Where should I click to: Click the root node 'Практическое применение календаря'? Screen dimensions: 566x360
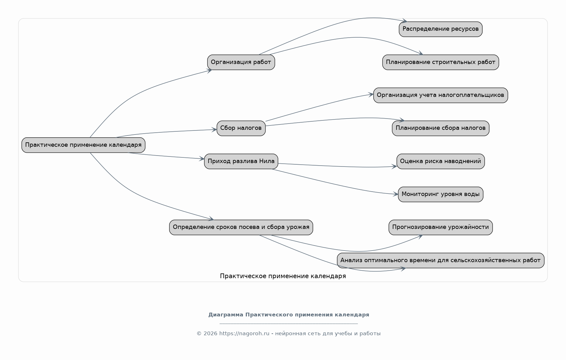(x=83, y=145)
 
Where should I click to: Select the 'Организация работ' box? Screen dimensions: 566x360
(x=241, y=62)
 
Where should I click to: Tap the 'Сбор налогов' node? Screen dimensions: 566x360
(x=241, y=128)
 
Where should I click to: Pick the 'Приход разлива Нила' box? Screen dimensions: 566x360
(x=241, y=161)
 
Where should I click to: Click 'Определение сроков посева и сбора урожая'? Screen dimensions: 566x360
(x=241, y=227)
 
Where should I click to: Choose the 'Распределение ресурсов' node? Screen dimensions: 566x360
(x=441, y=29)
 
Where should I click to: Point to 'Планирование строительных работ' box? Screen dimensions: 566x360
(x=441, y=62)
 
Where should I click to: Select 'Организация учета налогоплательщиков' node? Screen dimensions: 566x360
(x=441, y=95)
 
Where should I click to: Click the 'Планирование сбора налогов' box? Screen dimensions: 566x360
(x=441, y=128)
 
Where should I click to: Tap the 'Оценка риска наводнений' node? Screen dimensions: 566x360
(x=441, y=161)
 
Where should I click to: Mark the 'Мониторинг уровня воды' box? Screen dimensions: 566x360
(x=441, y=194)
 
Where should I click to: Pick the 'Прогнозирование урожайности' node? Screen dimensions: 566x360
(x=441, y=227)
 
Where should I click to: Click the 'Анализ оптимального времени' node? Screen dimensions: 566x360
(x=441, y=261)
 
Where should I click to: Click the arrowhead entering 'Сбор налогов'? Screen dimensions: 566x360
(x=215, y=130)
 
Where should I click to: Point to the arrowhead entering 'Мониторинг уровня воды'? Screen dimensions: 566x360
(x=396, y=194)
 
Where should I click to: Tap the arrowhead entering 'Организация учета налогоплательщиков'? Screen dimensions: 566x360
(x=371, y=94)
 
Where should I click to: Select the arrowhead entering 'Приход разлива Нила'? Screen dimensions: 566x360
(x=202, y=159)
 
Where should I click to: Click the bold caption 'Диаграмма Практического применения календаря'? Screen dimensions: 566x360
(x=289, y=315)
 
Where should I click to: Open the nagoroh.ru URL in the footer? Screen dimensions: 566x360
(x=244, y=334)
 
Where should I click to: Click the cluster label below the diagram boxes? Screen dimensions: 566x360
(x=283, y=276)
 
